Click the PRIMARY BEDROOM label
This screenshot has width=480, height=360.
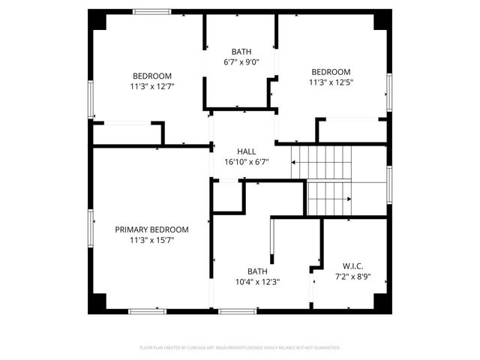coord(151,229)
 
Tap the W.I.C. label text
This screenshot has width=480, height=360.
coord(353,265)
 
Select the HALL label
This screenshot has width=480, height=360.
coord(246,151)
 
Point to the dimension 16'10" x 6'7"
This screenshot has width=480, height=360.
coord(246,161)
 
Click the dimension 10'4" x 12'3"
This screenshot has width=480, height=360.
coord(258,282)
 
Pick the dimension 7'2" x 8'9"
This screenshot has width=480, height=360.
coord(353,276)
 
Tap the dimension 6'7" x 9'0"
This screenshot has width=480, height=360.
coord(241,62)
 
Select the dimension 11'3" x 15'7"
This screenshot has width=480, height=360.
coord(151,240)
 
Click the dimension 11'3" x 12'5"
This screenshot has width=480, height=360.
coord(331,82)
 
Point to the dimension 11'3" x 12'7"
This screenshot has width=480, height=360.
coord(152,86)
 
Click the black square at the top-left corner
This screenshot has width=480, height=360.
coord(97,19)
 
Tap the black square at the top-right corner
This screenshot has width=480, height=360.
coord(382,19)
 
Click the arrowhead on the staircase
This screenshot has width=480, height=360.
coord(349,199)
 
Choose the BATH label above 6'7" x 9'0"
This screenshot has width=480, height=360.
coord(241,52)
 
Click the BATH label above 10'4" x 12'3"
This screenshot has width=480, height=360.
coord(258,271)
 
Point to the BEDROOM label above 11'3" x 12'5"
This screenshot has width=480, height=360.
coord(331,72)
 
